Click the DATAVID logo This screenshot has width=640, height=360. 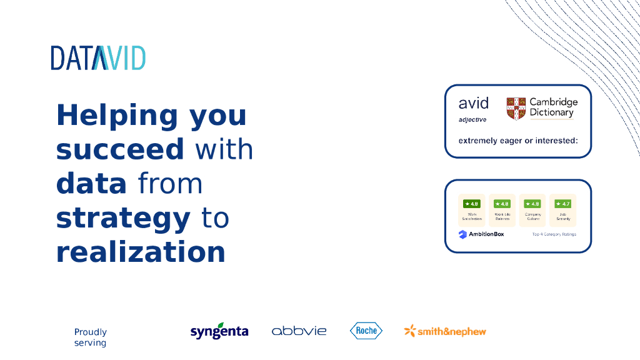tap(98, 57)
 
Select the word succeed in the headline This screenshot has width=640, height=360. tap(120, 150)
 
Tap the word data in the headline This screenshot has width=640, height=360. tap(91, 184)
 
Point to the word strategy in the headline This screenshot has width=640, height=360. tap(123, 218)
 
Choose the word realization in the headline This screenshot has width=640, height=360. tap(141, 252)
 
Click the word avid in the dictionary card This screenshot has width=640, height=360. tap(473, 103)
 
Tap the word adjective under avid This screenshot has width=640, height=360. tap(472, 119)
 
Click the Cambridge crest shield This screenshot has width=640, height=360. tap(516, 108)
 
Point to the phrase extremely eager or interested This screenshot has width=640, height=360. tap(517, 141)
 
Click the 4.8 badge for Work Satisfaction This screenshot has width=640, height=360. tap(471, 204)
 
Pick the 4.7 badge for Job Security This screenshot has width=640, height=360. tap(562, 204)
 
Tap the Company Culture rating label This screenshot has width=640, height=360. tap(532, 216)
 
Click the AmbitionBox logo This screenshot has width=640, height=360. tap(481, 234)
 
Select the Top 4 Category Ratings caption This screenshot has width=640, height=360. tap(554, 234)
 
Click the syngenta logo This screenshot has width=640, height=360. tap(219, 331)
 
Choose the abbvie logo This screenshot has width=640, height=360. tap(299, 331)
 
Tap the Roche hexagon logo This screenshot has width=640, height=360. tap(366, 331)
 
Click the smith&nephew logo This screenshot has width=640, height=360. tap(445, 331)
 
